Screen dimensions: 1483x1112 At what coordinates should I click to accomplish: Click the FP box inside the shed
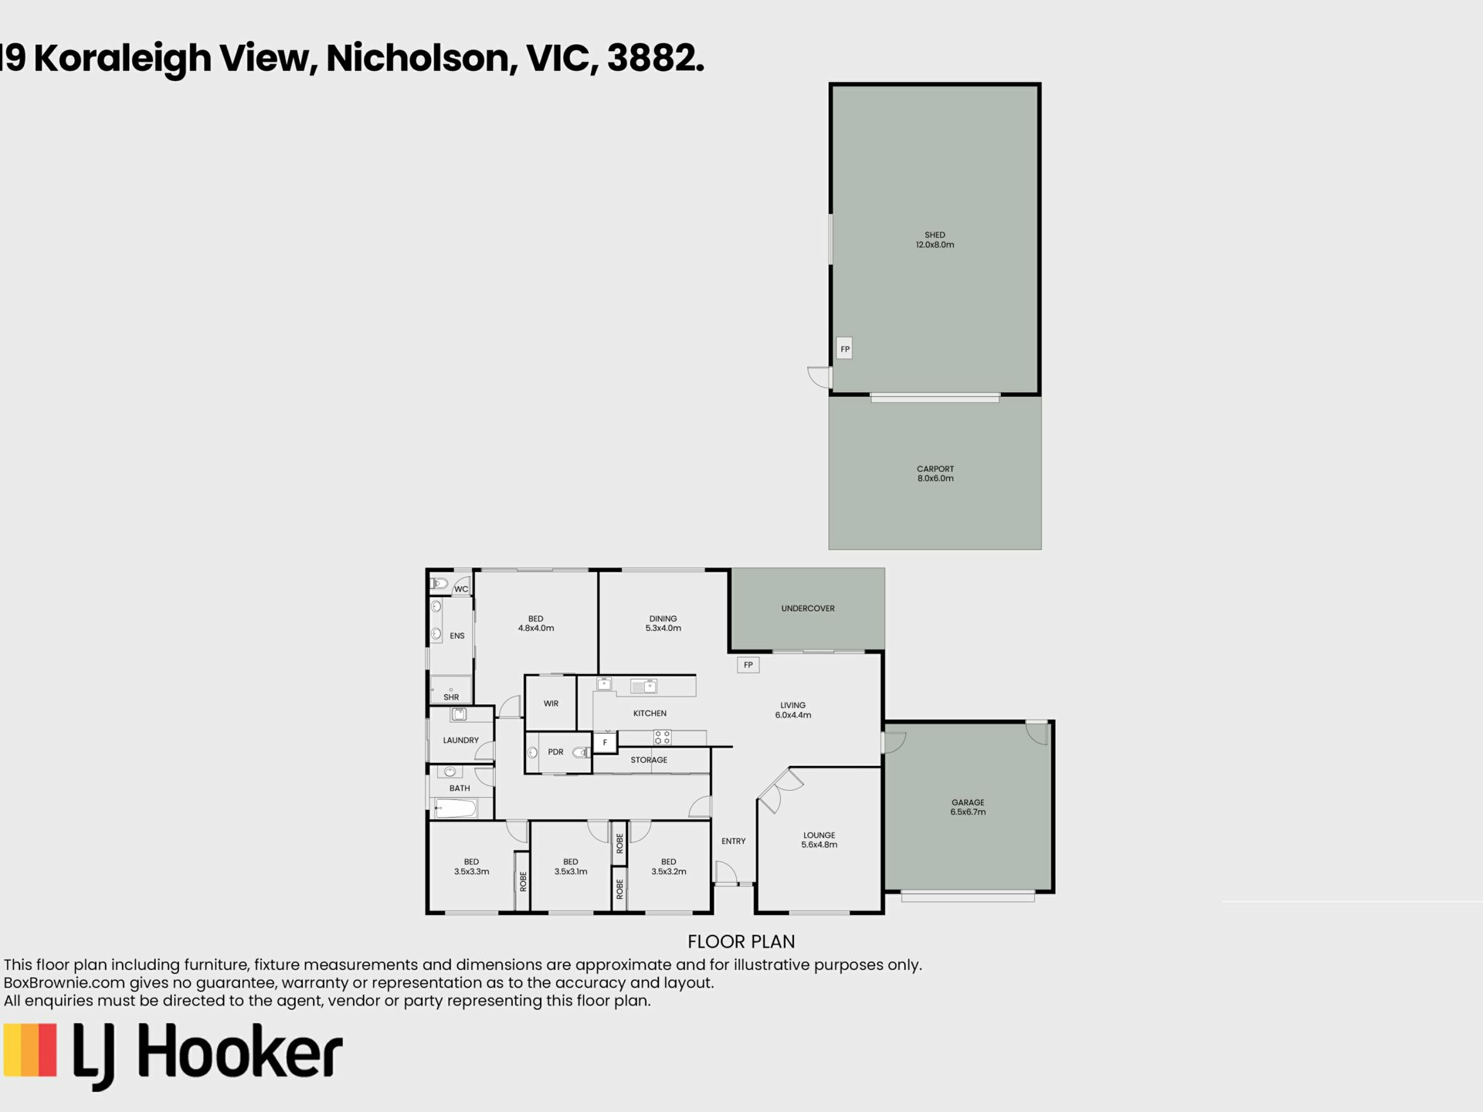tap(844, 348)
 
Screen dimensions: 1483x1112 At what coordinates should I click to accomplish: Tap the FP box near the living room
tap(748, 665)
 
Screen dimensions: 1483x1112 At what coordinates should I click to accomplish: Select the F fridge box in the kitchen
tap(605, 742)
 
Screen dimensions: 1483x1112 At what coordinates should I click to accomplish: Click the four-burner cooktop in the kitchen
tap(662, 737)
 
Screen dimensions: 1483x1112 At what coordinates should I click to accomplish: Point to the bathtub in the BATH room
tap(456, 809)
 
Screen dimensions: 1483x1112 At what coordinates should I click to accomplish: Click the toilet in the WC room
tap(439, 584)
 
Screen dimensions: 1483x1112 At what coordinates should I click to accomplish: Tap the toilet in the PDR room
tap(582, 752)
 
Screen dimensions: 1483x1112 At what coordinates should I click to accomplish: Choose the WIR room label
tap(551, 703)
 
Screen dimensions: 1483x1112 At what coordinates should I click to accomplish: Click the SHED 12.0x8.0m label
tap(935, 239)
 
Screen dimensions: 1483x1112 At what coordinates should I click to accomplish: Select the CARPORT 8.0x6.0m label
tap(935, 473)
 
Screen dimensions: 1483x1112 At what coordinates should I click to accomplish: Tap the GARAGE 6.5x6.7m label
tap(968, 807)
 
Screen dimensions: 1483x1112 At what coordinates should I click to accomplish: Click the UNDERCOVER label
tap(808, 609)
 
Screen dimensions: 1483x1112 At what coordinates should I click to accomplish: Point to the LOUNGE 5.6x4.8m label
tap(820, 839)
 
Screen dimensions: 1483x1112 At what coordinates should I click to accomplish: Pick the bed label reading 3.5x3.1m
tap(571, 866)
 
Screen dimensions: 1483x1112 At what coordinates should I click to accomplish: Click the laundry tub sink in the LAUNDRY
tap(459, 714)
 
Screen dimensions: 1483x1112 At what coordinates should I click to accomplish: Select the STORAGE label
tap(649, 760)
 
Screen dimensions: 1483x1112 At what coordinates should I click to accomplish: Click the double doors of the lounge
tap(780, 788)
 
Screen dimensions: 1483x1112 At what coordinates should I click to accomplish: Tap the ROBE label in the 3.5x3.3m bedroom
tap(523, 881)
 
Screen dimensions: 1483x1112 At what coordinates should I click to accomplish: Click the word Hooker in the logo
tap(240, 1051)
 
